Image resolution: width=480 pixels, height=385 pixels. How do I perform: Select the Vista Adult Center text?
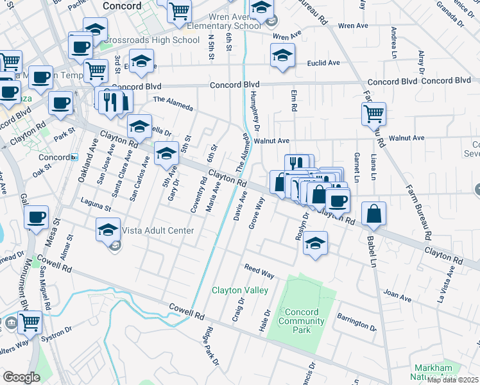point(150,230)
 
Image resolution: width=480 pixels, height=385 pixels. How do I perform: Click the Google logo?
point(21,377)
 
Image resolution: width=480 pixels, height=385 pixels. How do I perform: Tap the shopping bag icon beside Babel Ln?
point(373,214)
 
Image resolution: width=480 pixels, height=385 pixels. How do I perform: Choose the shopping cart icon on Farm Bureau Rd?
point(373,114)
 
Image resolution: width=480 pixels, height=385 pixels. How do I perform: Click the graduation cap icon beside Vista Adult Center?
point(108,229)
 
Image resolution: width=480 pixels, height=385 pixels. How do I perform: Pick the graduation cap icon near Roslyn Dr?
point(314,243)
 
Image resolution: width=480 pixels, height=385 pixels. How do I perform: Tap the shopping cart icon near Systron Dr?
point(30,321)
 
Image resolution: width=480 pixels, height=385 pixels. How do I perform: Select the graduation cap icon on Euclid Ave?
point(283,55)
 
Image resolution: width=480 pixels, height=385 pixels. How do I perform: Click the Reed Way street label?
point(259,271)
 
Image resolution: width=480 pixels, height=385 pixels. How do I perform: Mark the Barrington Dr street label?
point(357,321)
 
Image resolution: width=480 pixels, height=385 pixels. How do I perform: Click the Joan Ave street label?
point(397,297)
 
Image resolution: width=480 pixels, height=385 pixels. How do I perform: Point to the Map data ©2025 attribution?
point(452,380)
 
